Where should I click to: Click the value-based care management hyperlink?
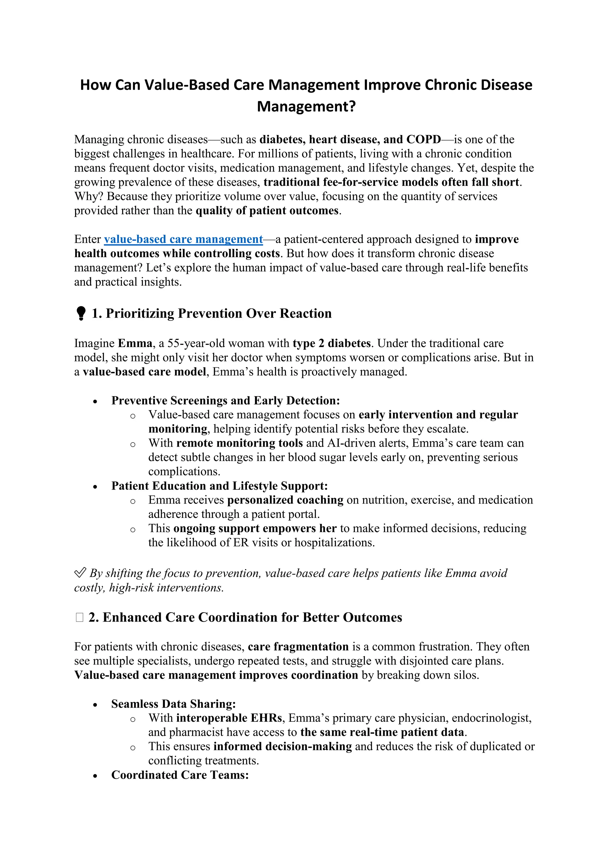point(183,240)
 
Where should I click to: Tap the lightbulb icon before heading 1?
point(81,313)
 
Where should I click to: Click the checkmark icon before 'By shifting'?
point(80,573)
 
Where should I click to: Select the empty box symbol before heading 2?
point(79,617)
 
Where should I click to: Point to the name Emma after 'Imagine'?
point(135,343)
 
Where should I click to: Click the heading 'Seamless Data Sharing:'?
point(173,704)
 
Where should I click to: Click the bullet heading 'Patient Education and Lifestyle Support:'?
point(219,486)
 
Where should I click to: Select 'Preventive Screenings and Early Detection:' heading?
point(225,400)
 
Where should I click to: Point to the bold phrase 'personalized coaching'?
point(285,500)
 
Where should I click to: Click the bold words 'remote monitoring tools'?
point(239,443)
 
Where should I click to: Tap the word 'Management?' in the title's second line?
point(306,107)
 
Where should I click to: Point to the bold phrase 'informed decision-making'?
point(282,747)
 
